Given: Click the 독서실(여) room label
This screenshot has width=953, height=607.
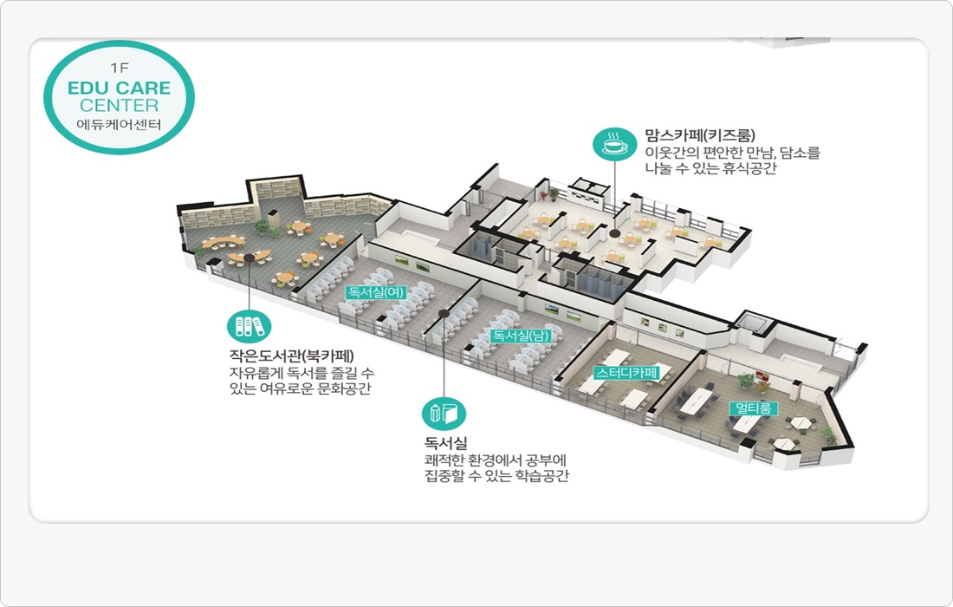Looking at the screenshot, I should coord(376,292).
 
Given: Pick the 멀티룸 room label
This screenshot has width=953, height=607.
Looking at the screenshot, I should coord(754,408).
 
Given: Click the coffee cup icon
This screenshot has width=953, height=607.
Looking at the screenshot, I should coord(613,144).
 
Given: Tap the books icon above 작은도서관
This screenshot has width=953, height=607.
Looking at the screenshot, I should coord(249,326).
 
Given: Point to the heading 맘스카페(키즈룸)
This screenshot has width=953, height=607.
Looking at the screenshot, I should coord(700,135).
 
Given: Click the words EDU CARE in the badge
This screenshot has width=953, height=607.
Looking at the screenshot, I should coord(119,88).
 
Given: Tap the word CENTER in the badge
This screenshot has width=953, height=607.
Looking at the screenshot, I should coord(119,106).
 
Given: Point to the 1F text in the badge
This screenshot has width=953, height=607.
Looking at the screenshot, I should coord(119,68).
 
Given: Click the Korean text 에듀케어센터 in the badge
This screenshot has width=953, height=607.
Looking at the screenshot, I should coord(119,124).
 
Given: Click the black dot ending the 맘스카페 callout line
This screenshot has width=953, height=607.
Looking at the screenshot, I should coord(614,233).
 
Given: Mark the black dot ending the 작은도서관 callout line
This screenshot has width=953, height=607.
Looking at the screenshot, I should coord(249,258).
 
